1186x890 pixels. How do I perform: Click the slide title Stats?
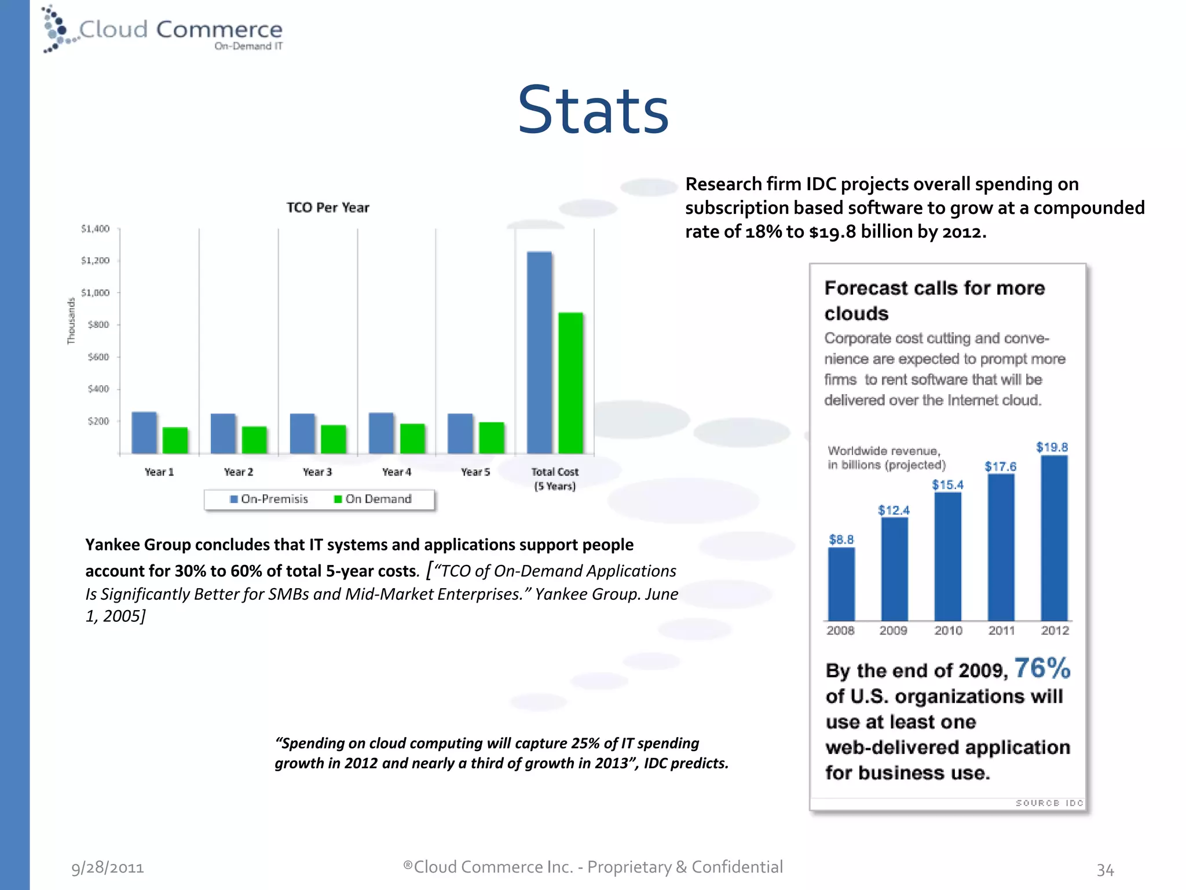point(593,110)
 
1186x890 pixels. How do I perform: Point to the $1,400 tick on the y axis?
point(96,229)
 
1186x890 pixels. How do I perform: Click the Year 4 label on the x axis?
point(397,472)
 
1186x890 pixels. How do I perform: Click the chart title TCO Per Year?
point(328,207)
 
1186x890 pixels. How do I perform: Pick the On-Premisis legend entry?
point(269,499)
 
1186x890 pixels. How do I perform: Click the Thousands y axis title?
point(71,321)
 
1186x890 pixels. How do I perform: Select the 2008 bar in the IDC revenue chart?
point(841,583)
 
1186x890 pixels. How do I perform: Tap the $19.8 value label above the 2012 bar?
point(1052,447)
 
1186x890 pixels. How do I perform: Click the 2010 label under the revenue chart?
point(948,630)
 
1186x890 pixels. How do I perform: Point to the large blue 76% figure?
point(1042,668)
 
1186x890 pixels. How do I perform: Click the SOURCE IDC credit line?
point(1049,803)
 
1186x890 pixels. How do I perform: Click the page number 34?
point(1105,870)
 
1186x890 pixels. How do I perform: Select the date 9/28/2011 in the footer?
point(108,867)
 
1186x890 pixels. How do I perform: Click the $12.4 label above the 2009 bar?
point(894,510)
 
